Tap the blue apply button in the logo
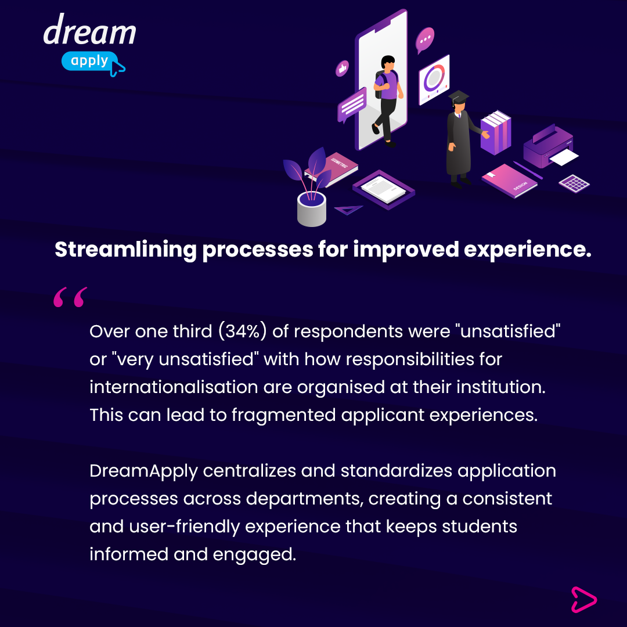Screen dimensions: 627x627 [89, 61]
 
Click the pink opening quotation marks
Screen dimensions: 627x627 [70, 297]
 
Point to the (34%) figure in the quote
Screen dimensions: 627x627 [242, 331]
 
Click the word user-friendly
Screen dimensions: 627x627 [185, 527]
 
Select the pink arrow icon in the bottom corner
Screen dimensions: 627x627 [583, 600]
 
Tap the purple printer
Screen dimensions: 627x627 [549, 146]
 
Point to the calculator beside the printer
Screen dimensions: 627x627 [574, 183]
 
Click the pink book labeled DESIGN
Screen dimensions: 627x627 [509, 181]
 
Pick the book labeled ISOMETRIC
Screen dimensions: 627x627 [332, 168]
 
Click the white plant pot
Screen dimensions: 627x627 [312, 209]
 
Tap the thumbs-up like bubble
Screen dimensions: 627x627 [342, 69]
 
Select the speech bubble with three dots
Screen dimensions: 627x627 [424, 40]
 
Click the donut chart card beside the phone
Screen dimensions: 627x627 [434, 79]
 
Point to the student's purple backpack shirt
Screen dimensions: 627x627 [387, 85]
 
